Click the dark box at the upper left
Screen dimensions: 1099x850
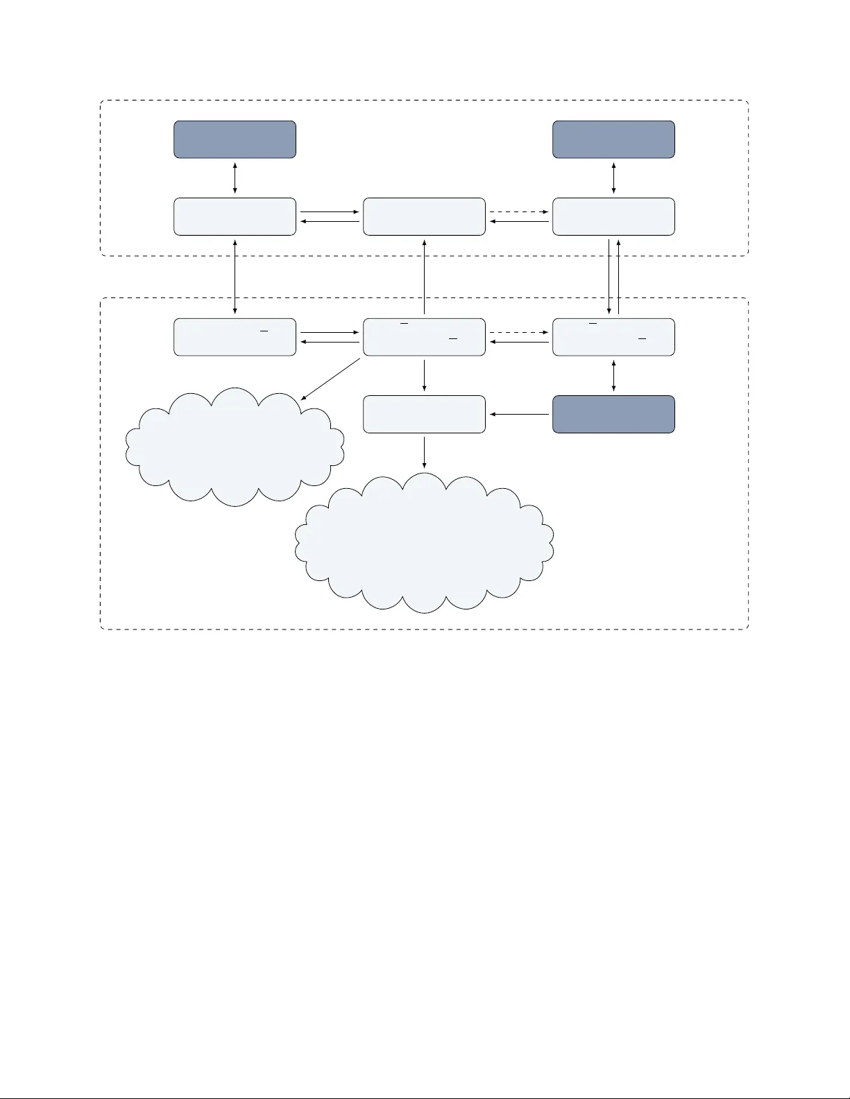coord(235,139)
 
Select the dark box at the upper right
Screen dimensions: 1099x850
coord(613,139)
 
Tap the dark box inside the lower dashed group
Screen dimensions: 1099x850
coord(613,414)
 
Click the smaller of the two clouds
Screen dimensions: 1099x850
coord(235,447)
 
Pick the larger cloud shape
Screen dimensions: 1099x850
coord(424,544)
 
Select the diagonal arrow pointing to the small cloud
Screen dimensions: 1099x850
coord(331,379)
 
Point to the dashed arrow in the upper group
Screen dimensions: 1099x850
coord(519,211)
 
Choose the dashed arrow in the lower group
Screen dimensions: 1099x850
coord(519,332)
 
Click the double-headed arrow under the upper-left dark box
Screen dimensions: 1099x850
coord(235,178)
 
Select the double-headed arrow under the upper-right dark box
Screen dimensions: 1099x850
coord(613,178)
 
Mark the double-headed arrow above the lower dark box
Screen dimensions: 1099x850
coord(613,375)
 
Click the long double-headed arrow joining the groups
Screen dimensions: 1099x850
coord(235,277)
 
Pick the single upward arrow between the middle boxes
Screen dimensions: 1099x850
coord(424,277)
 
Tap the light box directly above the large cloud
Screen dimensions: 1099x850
coord(424,414)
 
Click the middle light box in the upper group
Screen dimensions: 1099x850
coord(424,216)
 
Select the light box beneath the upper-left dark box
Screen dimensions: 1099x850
coord(235,216)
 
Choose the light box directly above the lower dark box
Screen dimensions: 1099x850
coord(613,337)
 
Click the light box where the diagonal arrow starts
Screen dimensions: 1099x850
coord(424,337)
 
